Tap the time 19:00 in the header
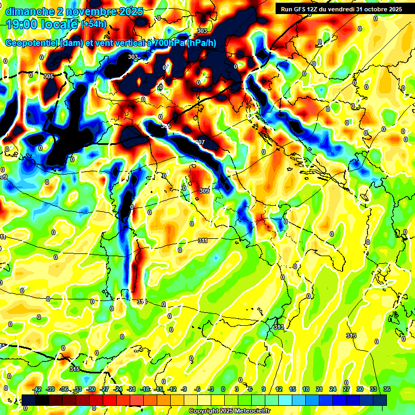pos(22,24)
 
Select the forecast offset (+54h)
pos(93,24)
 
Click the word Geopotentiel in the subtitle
pos(32,44)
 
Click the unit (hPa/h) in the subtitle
pos(203,44)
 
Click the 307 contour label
pos(200,142)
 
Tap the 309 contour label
pos(204,191)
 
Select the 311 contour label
pos(202,240)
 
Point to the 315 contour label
pos(75,369)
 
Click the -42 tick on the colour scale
pos(37,389)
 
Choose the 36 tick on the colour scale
pos(387,389)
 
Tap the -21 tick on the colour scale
pos(131,389)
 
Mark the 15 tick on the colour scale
pos(292,389)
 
